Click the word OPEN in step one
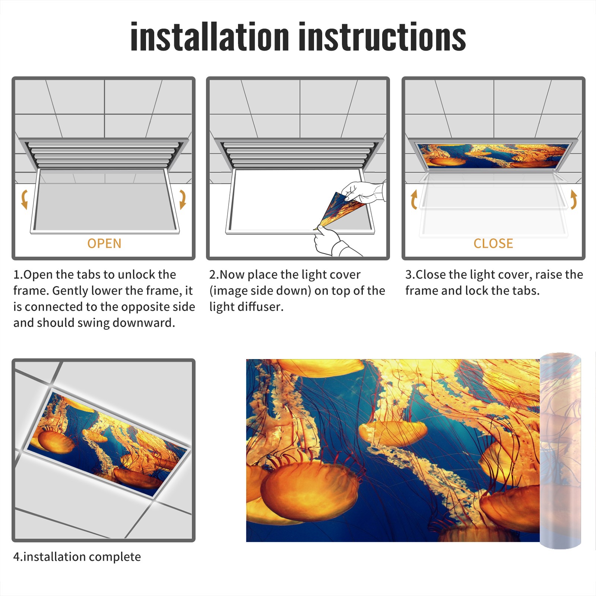[x=104, y=244]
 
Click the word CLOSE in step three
[x=493, y=244]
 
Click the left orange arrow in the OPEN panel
[x=25, y=199]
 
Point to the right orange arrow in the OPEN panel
[x=183, y=199]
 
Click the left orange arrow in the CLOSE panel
[x=413, y=199]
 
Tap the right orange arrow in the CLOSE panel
[x=574, y=199]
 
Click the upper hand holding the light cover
[x=363, y=191]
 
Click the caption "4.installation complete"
[x=77, y=557]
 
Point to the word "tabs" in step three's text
[x=524, y=291]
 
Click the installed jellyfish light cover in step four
[x=108, y=443]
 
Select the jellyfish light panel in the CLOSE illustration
[x=493, y=156]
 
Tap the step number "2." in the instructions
[x=214, y=275]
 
